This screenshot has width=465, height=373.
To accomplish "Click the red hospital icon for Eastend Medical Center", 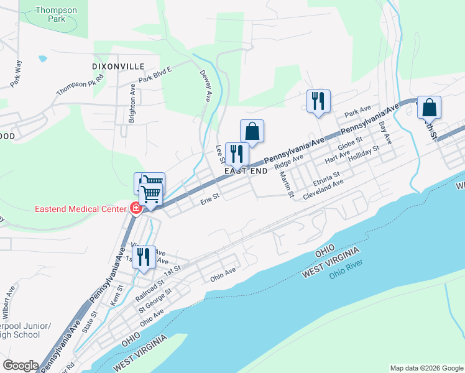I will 135,208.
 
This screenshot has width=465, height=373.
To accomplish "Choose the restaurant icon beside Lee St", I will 237,154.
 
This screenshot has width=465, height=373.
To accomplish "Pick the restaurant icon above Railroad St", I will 144,257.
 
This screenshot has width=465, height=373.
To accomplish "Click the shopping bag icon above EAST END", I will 252,131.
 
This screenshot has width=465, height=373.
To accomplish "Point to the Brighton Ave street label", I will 132,104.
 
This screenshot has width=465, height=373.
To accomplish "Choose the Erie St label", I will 210,200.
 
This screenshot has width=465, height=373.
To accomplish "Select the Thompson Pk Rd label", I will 80,84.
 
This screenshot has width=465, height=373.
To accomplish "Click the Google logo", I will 21,366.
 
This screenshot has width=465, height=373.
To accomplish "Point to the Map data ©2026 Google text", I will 426,368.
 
